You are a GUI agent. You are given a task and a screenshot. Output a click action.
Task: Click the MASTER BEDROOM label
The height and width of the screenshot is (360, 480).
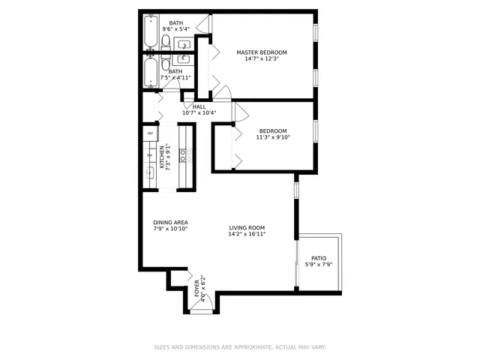(x=262, y=52)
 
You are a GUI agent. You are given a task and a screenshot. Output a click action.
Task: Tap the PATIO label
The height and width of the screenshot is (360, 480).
(x=319, y=258)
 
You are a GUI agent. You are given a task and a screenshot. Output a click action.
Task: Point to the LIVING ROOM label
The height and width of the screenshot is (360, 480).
(x=247, y=228)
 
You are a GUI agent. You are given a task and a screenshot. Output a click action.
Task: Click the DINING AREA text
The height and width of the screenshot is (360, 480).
(x=170, y=222)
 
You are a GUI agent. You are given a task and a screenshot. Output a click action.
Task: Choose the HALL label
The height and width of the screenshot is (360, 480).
(x=199, y=106)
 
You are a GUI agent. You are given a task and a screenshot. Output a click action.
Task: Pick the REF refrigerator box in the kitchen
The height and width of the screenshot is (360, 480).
(x=150, y=133)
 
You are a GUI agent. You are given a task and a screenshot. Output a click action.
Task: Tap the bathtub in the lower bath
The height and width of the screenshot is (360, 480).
(x=151, y=73)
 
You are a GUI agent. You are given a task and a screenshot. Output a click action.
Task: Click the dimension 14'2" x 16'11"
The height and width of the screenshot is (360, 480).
(x=247, y=234)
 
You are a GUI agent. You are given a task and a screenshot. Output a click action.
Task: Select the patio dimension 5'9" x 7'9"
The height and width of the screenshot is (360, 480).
(x=319, y=265)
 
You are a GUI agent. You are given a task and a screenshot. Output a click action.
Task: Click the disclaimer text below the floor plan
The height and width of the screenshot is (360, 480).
(x=240, y=347)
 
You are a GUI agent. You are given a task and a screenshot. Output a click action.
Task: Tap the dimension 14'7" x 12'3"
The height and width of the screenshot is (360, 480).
(x=262, y=59)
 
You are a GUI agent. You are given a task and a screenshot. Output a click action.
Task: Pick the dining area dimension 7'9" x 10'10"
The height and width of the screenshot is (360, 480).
(x=170, y=229)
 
